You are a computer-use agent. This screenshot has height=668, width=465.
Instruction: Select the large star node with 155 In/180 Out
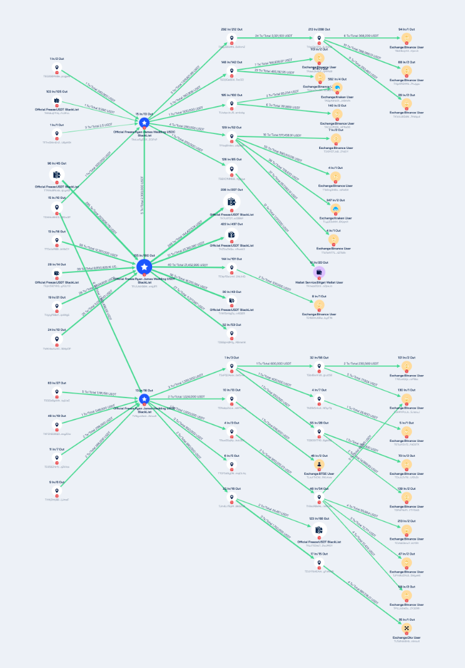145,267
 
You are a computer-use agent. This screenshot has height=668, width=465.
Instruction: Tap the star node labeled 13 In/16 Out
145,399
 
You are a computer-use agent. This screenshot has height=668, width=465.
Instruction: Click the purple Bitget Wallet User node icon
319,272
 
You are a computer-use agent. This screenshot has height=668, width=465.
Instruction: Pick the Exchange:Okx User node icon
406,628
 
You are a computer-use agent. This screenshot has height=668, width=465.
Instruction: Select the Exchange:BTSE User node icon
319,464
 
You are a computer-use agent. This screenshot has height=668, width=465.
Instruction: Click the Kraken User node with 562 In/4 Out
337,88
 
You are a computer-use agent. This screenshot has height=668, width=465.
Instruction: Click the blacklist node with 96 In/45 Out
57,175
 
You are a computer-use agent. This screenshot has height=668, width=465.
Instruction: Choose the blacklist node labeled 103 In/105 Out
57,101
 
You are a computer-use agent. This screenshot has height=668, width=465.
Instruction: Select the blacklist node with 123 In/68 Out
319,529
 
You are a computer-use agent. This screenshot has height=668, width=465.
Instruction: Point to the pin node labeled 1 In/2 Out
57,68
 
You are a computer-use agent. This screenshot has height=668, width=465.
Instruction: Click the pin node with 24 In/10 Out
57,340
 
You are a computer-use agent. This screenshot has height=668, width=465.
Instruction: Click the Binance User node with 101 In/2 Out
406,366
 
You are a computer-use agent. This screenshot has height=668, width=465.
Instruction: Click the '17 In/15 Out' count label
319,553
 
